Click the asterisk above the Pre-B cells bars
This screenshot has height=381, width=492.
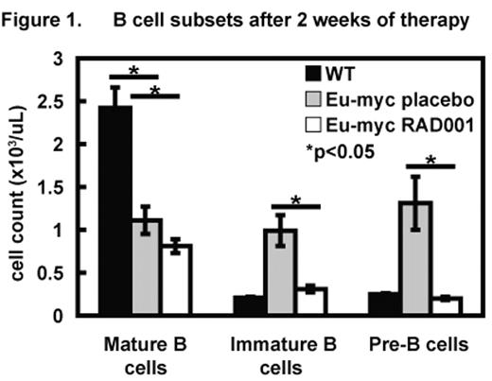[430, 160]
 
